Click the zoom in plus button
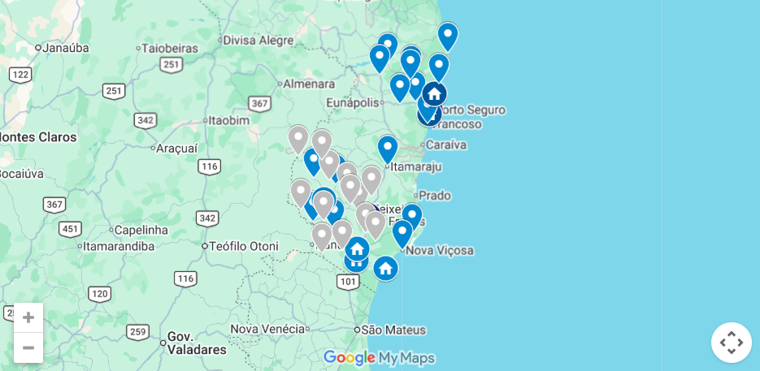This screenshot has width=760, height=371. [28, 317]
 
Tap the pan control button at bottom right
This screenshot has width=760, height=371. [731, 343]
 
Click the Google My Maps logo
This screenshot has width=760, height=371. [380, 358]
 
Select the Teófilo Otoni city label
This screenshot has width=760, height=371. [243, 246]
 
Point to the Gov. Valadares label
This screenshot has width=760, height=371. [197, 343]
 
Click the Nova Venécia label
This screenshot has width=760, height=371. [267, 329]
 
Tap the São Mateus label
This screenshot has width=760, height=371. [393, 330]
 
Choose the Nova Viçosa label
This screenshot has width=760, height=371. [439, 250]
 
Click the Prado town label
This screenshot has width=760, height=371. [434, 196]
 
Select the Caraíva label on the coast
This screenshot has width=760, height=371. [445, 145]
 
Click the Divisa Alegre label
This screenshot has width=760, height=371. [258, 40]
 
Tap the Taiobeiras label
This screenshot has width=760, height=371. [170, 48]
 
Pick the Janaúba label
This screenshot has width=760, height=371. [65, 48]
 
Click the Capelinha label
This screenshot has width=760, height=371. [141, 230]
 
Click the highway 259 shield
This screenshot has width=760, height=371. [137, 331]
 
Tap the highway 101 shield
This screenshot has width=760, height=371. [348, 282]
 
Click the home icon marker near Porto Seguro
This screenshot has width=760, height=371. [434, 94]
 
